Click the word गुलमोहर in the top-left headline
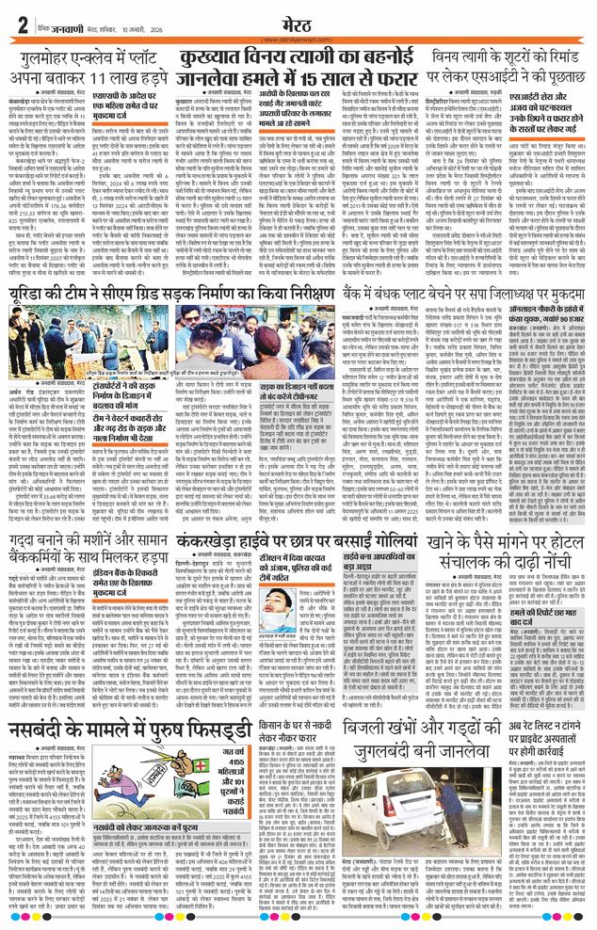tap(42, 63)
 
